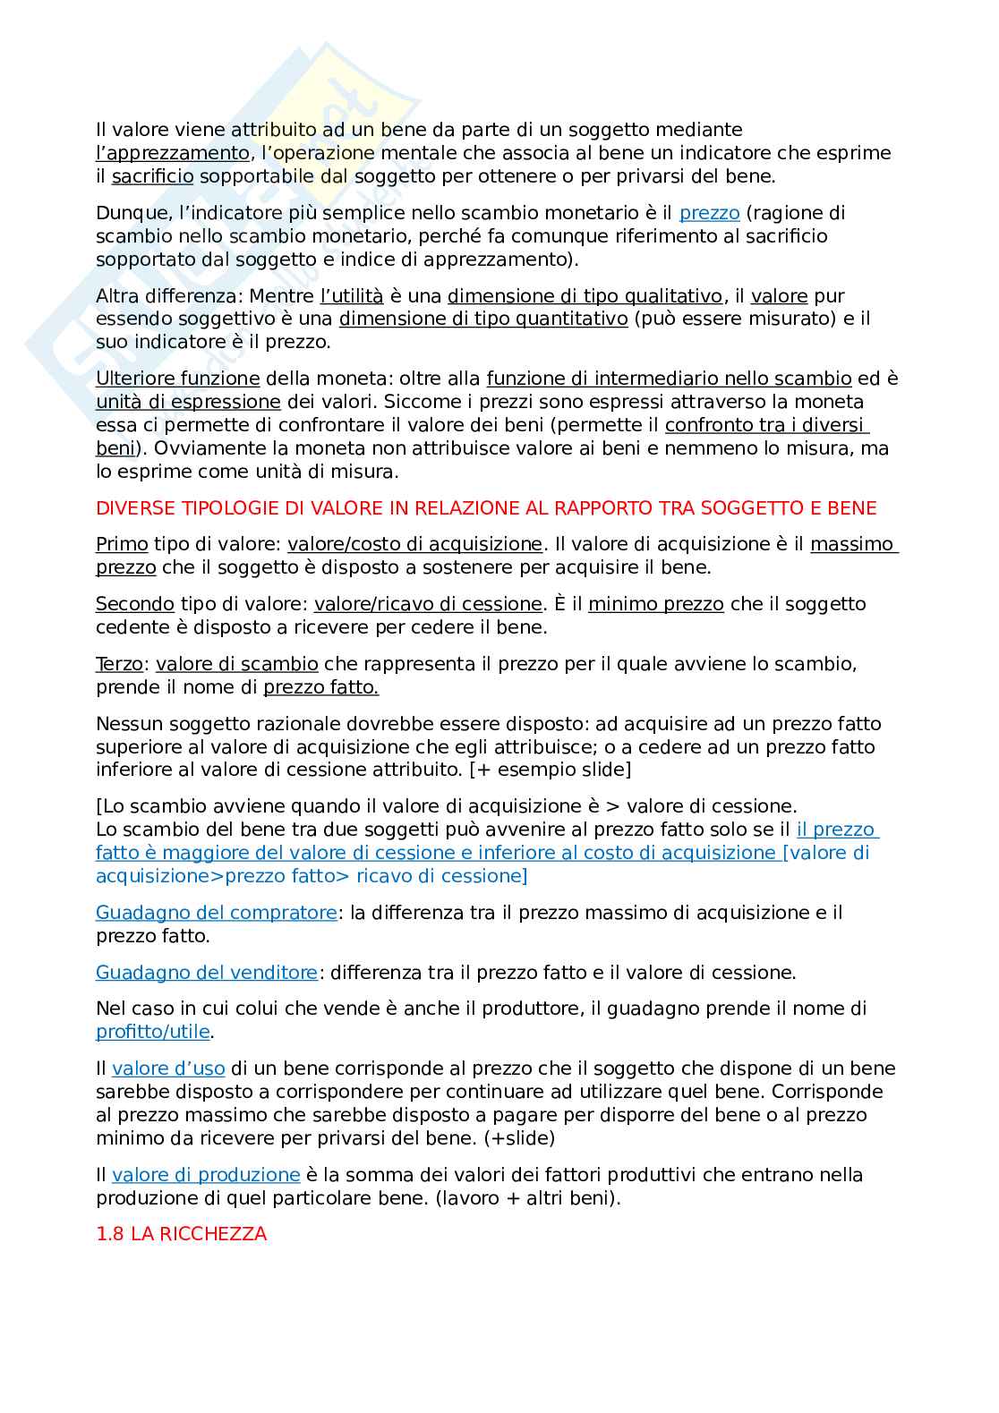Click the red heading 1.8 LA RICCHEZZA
(x=181, y=1234)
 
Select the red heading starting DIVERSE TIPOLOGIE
(x=486, y=508)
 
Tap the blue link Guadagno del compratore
(x=216, y=913)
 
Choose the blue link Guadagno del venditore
(x=206, y=973)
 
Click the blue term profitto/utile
(x=153, y=1032)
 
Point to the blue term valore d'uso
(x=168, y=1068)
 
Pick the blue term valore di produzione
(x=206, y=1175)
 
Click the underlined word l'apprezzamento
(x=172, y=153)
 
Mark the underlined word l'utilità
(x=352, y=296)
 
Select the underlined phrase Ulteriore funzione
(x=177, y=379)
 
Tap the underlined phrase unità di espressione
(x=188, y=402)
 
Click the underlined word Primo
(x=122, y=544)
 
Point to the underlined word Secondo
(x=134, y=604)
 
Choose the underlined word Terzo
(x=119, y=664)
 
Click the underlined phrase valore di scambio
(x=236, y=664)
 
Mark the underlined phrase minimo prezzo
(x=655, y=604)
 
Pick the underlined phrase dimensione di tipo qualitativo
(x=585, y=296)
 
